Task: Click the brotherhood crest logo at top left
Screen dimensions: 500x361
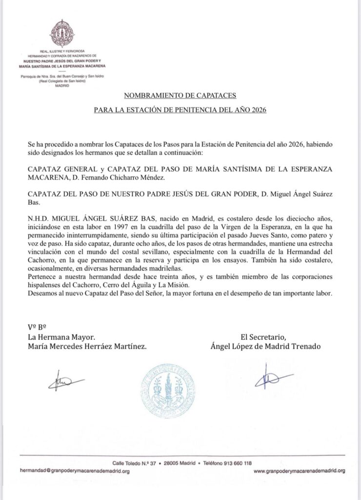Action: coord(62,34)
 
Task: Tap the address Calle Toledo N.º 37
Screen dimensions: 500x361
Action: coord(133,463)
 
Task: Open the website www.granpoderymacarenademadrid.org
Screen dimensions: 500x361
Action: coord(300,471)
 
